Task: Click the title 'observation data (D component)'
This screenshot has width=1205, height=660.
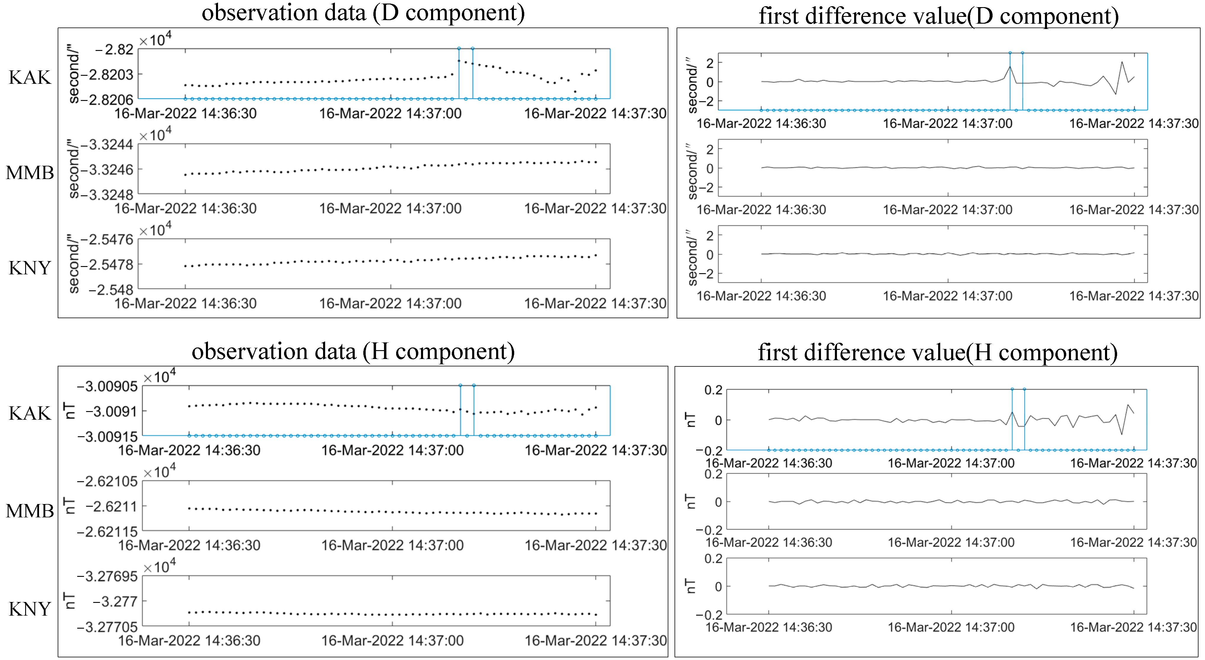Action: tap(363, 13)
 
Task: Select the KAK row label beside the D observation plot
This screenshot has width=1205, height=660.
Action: tap(30, 77)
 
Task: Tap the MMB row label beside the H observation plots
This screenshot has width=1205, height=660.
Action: tap(30, 511)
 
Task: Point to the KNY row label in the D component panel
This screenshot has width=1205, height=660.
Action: tap(30, 268)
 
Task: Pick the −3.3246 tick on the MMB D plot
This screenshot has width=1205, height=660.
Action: tap(107, 170)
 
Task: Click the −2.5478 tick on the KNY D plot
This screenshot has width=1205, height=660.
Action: tap(107, 265)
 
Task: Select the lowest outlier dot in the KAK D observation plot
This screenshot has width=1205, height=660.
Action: tap(575, 91)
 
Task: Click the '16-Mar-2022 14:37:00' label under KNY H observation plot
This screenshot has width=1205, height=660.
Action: tap(392, 640)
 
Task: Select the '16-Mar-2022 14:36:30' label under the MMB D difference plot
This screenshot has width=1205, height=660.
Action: tap(761, 210)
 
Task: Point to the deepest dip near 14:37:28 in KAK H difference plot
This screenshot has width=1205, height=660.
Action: tap(1121, 434)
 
